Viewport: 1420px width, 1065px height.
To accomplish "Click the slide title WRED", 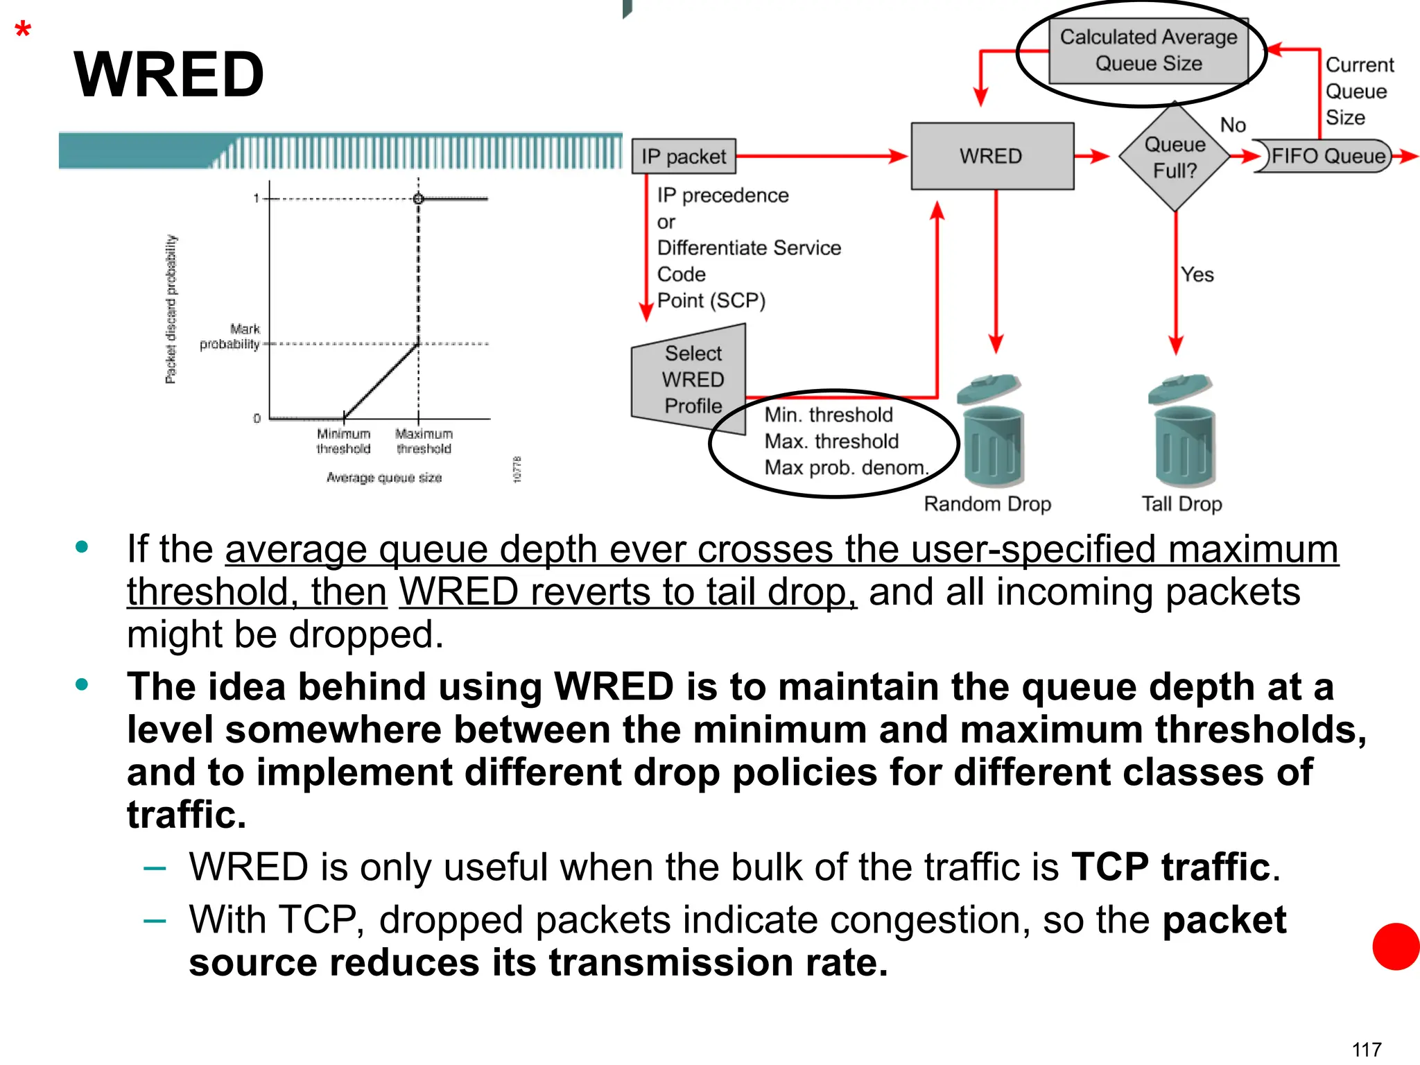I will pos(168,75).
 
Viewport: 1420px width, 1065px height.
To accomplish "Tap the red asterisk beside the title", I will pos(23,31).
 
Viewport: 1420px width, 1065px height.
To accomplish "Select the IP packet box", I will pos(684,157).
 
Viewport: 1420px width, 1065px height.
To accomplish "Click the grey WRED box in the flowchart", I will pos(992,156).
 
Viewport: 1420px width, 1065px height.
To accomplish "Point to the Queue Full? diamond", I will pos(1175,157).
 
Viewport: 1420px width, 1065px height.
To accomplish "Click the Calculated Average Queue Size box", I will pos(1148,51).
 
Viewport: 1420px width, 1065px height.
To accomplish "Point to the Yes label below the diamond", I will pos(1197,275).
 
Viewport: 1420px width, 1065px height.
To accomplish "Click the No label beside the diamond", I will pos(1233,125).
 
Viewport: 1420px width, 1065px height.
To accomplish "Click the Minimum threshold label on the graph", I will pos(344,442).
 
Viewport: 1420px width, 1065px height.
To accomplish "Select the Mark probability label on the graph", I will pos(230,337).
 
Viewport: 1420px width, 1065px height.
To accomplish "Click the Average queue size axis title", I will pos(384,478).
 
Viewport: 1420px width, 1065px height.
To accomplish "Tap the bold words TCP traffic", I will pos(1171,867).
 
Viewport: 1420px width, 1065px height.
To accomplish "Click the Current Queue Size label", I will pos(1358,92).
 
